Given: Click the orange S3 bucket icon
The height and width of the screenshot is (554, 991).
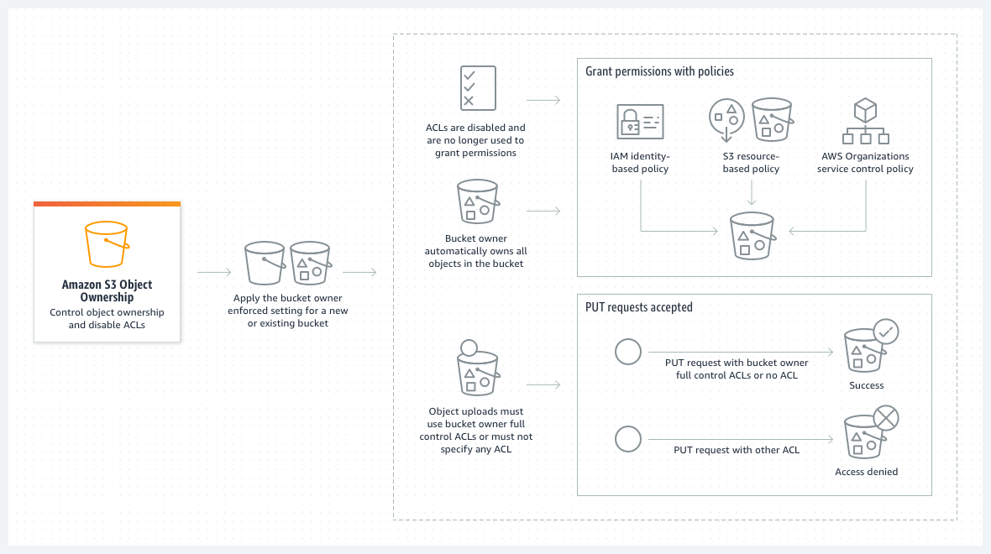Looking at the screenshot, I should coord(107,243).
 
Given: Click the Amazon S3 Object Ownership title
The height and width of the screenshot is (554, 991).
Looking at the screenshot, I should coord(107,290).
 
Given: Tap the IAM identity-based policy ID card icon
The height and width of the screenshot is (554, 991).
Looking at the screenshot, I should coord(640,122).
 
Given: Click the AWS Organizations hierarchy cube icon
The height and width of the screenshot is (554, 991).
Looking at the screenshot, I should coord(865,123).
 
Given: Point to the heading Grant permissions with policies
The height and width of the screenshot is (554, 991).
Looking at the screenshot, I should coord(659,71).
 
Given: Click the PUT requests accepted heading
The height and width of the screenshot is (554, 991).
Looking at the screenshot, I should coord(638,307).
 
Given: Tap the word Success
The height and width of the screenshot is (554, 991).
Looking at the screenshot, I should coord(867,385).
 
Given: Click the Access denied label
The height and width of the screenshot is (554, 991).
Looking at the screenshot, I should coord(866,472).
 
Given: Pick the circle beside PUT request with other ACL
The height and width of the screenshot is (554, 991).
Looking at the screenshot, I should coord(628,439).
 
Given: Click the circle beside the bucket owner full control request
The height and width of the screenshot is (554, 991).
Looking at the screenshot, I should coord(628,352).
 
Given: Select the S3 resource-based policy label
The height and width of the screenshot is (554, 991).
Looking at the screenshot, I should coord(751,162).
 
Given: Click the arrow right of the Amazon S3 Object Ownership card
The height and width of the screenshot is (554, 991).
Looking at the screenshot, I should coord(214,272).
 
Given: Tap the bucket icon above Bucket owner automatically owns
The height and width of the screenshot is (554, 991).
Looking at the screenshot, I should coord(476,201).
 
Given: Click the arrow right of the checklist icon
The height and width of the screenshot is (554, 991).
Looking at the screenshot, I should coord(543,100).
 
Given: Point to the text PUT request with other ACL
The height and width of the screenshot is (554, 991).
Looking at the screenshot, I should coord(737,450).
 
